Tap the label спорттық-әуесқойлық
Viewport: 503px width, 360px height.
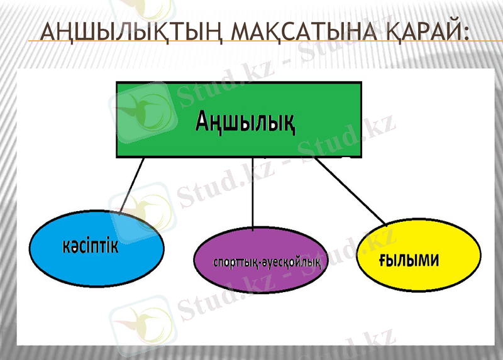click(x=267, y=261)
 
